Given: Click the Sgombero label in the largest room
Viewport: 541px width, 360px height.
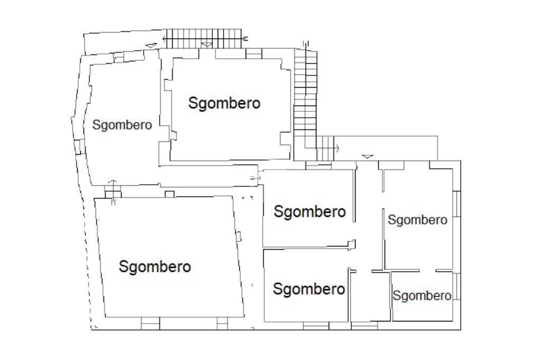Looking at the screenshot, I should click(155, 267).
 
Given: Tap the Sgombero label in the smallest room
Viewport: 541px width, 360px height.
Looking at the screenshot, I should click(422, 296).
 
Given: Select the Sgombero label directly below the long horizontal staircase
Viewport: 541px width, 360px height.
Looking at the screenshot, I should click(225, 103).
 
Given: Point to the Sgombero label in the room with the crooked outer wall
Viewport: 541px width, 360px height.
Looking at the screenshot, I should click(122, 126).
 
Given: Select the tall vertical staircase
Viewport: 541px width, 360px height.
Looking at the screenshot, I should click(306, 95).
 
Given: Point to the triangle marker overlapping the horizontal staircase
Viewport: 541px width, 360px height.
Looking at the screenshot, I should click(207, 45).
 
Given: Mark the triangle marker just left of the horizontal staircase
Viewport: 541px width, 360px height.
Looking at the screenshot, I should click(152, 45).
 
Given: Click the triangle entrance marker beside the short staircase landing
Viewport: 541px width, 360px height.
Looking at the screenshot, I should click(368, 156).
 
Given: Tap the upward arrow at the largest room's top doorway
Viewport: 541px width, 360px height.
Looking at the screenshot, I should click(111, 183).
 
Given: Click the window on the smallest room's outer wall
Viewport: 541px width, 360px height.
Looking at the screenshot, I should click(457, 287).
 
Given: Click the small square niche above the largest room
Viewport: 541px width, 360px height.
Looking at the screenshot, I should click(170, 194).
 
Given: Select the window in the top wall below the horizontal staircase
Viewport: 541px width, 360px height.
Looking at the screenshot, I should click(254, 53).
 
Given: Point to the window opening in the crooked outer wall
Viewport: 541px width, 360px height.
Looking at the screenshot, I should click(78, 146).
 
